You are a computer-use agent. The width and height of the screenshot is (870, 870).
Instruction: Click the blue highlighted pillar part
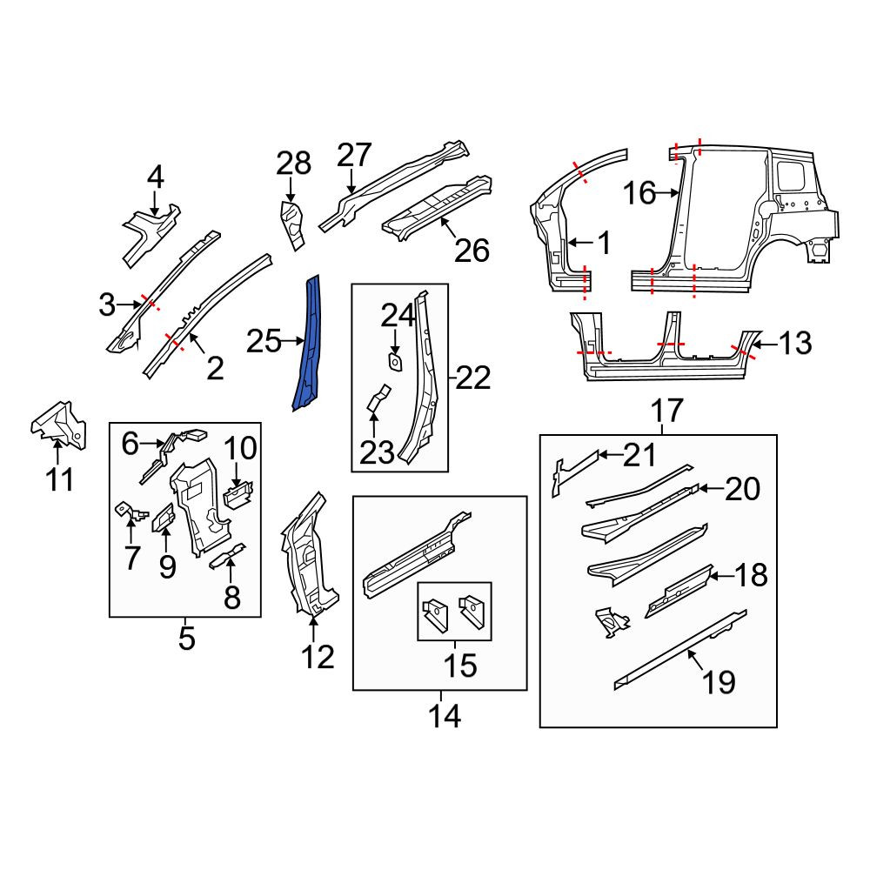pos(309,344)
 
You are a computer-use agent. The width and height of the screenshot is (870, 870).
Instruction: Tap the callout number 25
pos(264,341)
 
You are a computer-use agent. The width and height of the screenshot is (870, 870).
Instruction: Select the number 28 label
pos(293,164)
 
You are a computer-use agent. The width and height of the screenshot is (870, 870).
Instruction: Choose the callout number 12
pos(318,657)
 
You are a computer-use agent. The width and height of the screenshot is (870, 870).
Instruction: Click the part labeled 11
pos(58,425)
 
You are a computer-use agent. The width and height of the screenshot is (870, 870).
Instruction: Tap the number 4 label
pos(156,177)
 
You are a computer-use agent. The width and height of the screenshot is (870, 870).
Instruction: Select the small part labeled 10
pos(238,493)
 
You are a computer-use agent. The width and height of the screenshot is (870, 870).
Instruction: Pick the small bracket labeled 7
pos(131,512)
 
